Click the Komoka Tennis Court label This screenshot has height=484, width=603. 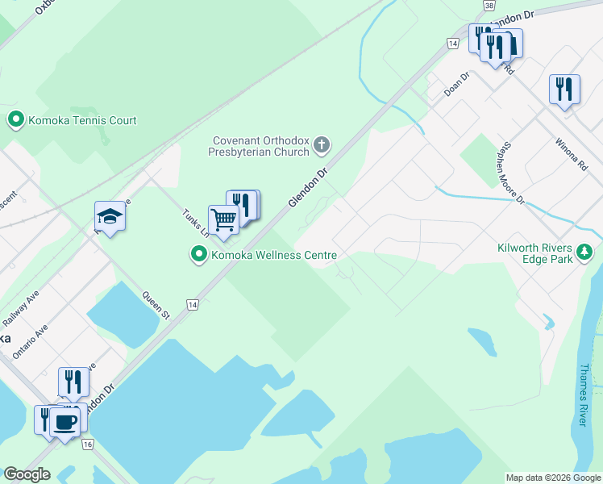click(x=83, y=121)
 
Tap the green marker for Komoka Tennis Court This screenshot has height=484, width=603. click(x=15, y=121)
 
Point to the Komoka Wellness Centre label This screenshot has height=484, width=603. click(x=274, y=256)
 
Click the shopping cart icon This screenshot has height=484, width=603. click(x=223, y=219)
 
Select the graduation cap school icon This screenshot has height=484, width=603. click(x=110, y=217)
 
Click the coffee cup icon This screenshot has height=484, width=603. click(x=64, y=421)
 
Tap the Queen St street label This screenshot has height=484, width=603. click(x=156, y=306)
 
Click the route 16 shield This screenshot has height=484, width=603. click(x=88, y=444)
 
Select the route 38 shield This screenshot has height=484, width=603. click(x=489, y=5)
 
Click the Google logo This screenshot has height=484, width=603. click(x=27, y=474)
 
